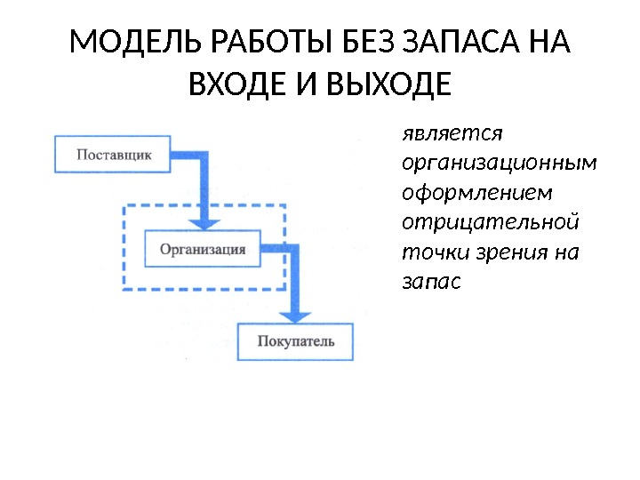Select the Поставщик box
pos(114,154)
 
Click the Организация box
pos(203,249)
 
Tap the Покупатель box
pos(296,341)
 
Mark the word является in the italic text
pos(452,133)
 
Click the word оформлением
pos(476,193)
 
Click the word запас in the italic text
pos(432,282)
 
